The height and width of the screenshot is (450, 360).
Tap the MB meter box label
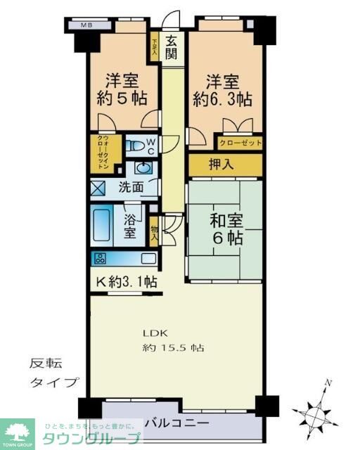(86, 25)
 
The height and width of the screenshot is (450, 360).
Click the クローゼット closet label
(240, 143)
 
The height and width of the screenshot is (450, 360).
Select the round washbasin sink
(145, 168)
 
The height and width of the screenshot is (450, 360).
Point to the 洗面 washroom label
(131, 188)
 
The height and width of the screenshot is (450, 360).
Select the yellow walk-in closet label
(103, 153)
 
